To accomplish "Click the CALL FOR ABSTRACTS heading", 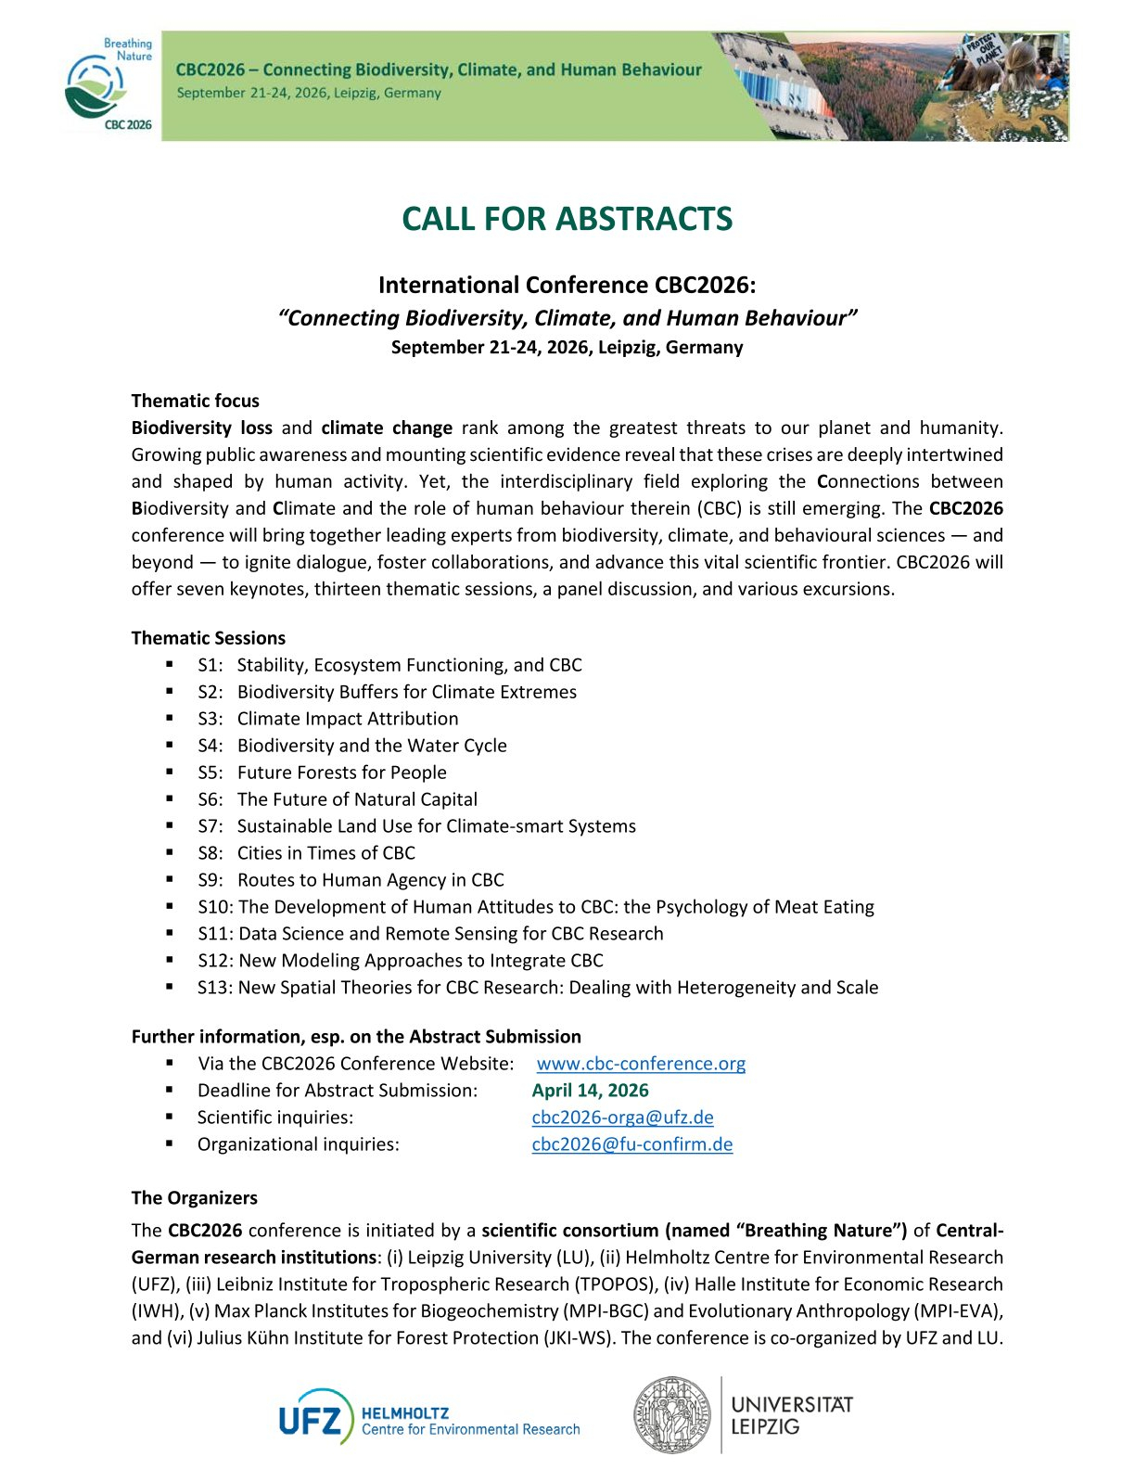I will tap(567, 219).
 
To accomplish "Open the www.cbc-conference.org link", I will tap(641, 1064).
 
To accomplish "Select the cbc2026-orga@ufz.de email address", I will tap(622, 1118).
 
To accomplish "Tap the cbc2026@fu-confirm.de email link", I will tap(631, 1144).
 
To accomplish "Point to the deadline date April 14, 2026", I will tap(590, 1091).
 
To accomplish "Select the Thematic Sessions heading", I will tap(208, 638).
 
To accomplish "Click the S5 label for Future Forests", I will tap(210, 773).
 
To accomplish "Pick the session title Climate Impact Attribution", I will tap(348, 719).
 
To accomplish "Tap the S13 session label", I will tap(214, 988).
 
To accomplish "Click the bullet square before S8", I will tap(170, 852).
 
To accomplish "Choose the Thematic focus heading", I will tap(195, 401).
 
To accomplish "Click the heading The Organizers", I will tap(194, 1198).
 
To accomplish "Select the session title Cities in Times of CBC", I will tap(326, 853).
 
